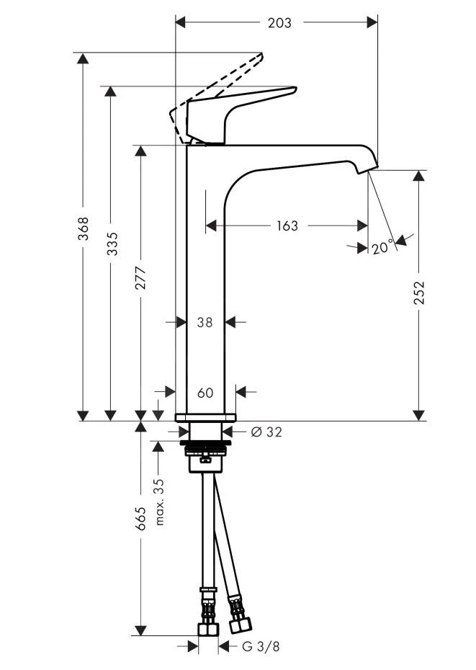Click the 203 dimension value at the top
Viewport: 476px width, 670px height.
pos(279,22)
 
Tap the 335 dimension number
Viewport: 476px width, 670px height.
pos(111,245)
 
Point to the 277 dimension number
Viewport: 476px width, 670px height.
pos(140,279)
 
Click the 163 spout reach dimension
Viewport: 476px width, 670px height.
pos(287,226)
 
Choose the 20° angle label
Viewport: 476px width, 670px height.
pos(383,247)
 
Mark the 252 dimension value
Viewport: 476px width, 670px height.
pos(419,293)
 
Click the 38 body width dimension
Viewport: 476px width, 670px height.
pos(205,323)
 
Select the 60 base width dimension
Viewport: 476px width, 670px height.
pos(205,393)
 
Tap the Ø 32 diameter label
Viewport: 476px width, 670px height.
pos(266,432)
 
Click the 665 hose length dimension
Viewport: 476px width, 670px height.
pos(141,519)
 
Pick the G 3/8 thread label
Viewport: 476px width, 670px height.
pos(259,646)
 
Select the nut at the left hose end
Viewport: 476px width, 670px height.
pos(208,628)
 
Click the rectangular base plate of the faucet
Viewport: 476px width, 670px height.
pos(205,417)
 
